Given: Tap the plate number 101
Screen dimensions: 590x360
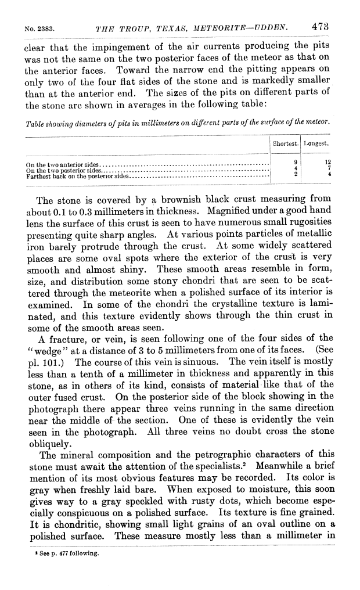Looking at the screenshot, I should [49, 361].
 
